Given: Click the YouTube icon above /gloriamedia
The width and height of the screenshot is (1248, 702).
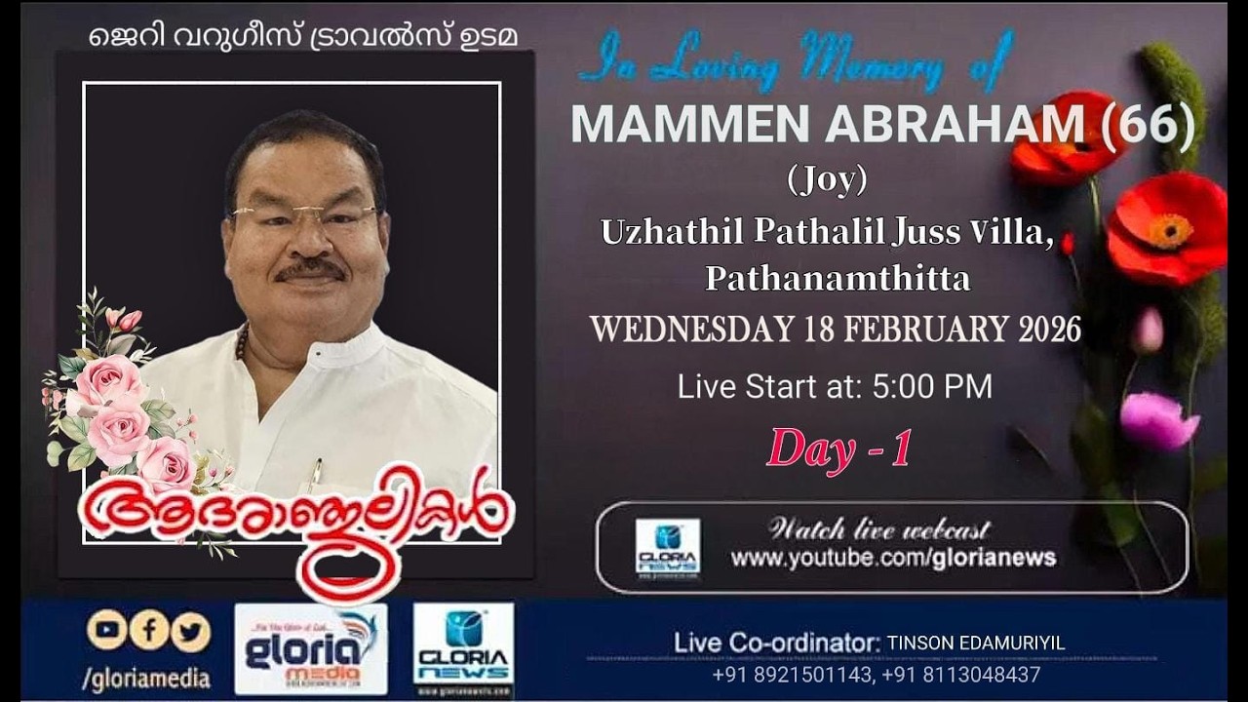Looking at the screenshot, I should (x=106, y=630).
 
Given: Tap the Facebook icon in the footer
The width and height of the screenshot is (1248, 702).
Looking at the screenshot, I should (x=149, y=630).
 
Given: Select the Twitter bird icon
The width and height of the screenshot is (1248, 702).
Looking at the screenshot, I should (x=191, y=631).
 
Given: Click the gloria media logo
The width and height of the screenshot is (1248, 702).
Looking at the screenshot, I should (x=310, y=648).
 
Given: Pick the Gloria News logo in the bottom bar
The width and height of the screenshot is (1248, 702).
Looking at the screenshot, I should (x=463, y=648).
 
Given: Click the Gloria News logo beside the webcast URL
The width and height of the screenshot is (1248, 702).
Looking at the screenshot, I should (x=668, y=548).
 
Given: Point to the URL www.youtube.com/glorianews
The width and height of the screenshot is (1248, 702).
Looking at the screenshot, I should (x=893, y=558).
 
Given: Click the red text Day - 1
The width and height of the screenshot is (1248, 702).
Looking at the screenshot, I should (x=839, y=448).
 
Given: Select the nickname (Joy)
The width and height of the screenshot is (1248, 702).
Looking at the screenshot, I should (x=827, y=179).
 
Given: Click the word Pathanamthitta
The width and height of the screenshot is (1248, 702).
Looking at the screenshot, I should (x=838, y=279).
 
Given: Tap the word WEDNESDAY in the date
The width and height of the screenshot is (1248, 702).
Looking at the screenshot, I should (x=691, y=330).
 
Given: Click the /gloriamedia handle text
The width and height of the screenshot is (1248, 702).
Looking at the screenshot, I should (x=146, y=679).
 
